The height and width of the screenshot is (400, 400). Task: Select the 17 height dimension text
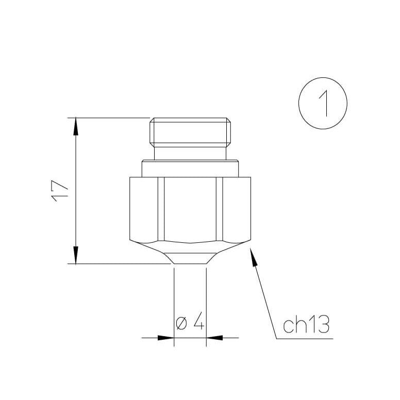[x=60, y=191]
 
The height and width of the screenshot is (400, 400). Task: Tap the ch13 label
[x=306, y=326]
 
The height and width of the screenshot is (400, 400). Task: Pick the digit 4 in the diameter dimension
[x=199, y=324]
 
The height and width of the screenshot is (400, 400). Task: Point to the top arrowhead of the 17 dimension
[x=76, y=125]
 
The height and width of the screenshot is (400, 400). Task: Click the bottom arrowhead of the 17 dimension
[x=76, y=257]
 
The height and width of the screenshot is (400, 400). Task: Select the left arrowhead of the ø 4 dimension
[x=166, y=338]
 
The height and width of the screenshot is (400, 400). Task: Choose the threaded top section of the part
[x=191, y=131]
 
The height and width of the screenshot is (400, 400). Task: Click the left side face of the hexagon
[x=144, y=209]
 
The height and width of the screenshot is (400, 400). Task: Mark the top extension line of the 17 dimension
[x=108, y=118]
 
